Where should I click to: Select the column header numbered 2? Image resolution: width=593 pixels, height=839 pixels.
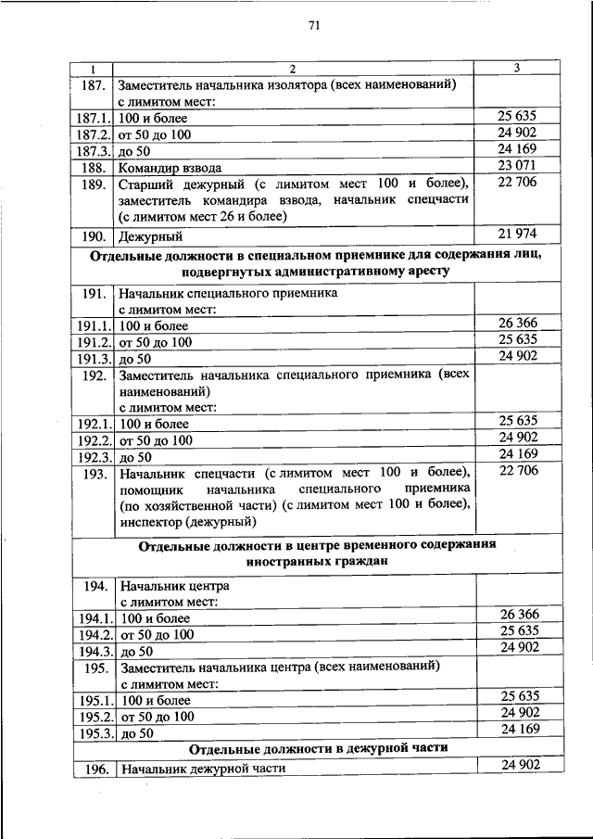(292, 69)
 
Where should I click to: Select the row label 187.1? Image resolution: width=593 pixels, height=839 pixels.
(93, 119)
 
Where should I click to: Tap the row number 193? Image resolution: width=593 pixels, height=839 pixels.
(93, 473)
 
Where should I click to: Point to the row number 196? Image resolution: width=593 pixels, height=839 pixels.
(93, 769)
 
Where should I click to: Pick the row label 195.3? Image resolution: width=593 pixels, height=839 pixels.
(93, 734)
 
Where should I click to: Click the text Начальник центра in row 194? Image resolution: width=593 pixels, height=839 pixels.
(173, 586)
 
